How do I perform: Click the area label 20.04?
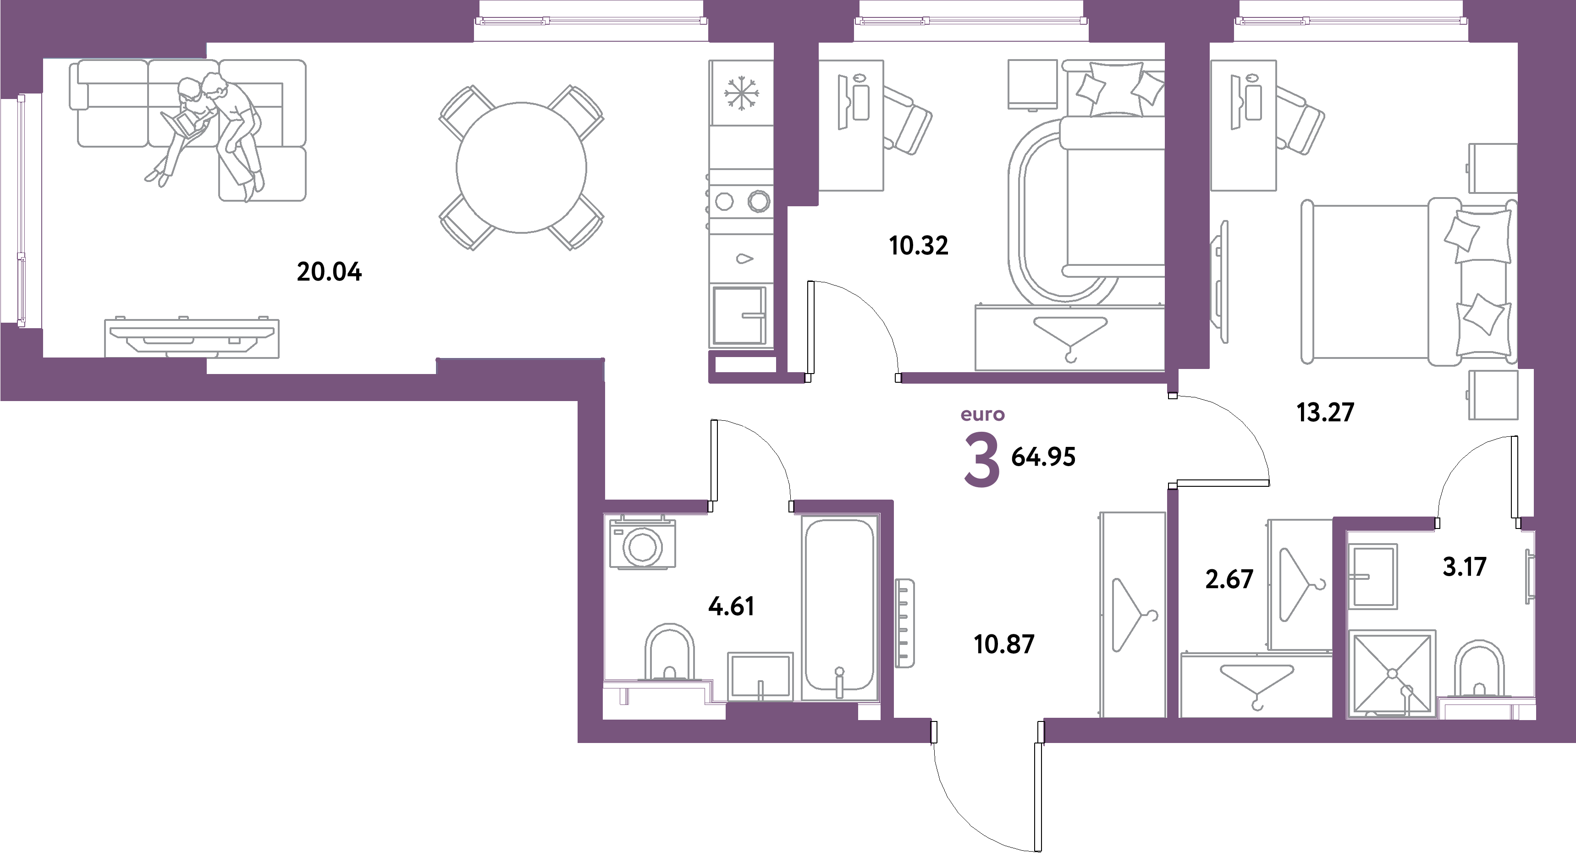tap(329, 272)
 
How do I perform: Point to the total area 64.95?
tap(1043, 457)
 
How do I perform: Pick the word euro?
tap(982, 415)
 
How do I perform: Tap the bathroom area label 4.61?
tap(731, 606)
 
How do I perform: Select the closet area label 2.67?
tap(1229, 579)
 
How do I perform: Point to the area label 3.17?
tap(1464, 567)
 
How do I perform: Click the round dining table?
tap(521, 167)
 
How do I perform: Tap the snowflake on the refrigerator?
tap(740, 95)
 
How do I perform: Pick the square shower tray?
tap(1391, 674)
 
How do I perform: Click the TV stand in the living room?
tap(192, 338)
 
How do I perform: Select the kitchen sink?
tap(740, 258)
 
